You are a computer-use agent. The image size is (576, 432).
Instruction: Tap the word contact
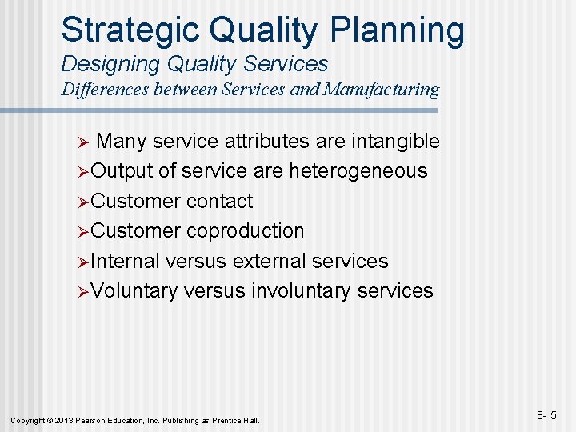pos(219,201)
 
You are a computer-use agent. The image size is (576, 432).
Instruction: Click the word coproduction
pos(245,231)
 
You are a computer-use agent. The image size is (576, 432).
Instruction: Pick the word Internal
pos(126,261)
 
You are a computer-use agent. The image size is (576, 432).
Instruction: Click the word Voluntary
pos(134,290)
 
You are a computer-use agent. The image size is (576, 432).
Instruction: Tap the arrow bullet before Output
pos(83,172)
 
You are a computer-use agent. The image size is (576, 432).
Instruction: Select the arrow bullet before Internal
pos(83,262)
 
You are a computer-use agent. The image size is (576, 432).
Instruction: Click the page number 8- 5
pos(546,415)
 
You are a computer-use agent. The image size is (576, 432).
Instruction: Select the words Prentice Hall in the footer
pos(238,420)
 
